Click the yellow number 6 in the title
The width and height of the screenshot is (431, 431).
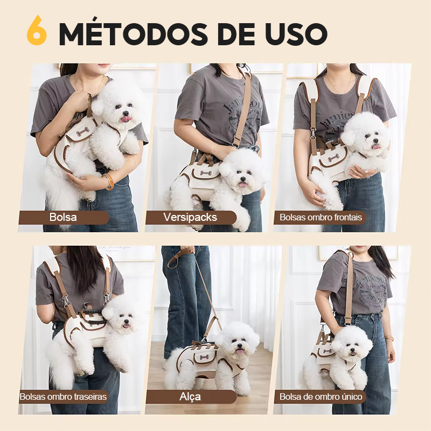pos(37,31)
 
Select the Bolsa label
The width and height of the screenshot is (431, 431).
pos(63,217)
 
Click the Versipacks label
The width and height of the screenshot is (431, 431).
pos(190,217)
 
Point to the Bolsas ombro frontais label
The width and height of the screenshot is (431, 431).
pos(321,218)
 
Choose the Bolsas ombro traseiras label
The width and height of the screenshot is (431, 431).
pos(63,397)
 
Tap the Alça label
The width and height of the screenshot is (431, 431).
pos(190,397)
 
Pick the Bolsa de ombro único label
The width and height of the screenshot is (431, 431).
pos(321,397)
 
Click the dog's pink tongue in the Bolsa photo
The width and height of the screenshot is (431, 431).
pos(127,119)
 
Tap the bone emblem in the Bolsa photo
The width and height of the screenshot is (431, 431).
pos(82,132)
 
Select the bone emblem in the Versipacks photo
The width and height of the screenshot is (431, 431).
pos(206,173)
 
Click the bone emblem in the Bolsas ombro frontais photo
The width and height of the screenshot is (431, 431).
pos(333,158)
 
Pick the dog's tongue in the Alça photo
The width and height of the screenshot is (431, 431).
pos(240,351)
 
